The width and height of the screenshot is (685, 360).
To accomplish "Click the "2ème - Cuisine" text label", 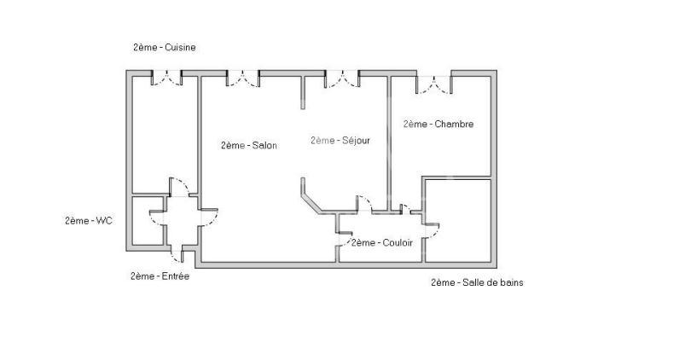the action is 165,47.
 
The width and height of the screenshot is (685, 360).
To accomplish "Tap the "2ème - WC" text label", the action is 89,221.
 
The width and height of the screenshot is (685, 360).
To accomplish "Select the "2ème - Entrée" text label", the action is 160,276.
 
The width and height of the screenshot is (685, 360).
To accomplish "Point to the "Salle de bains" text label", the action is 493,282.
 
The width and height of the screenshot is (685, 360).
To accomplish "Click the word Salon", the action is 264,146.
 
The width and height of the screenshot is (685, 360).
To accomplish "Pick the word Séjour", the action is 356,140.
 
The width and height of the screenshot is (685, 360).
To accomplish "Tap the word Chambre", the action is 455,124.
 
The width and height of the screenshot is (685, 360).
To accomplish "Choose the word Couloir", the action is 398,242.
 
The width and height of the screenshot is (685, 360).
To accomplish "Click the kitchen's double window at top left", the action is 167,78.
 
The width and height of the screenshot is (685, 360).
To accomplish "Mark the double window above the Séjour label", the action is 341,79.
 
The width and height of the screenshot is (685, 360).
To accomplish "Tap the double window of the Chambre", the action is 433,84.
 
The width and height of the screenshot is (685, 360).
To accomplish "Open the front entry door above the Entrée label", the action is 178,256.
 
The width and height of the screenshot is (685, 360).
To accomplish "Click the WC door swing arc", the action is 157,218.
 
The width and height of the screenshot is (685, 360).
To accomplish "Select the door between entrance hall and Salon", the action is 209,218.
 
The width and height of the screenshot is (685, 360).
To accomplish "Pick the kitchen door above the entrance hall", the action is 179,187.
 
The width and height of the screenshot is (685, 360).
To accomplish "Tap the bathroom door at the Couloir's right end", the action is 432,230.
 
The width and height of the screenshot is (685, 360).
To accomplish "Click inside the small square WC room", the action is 148,221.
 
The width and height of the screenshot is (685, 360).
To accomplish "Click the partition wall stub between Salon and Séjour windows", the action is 303,93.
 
